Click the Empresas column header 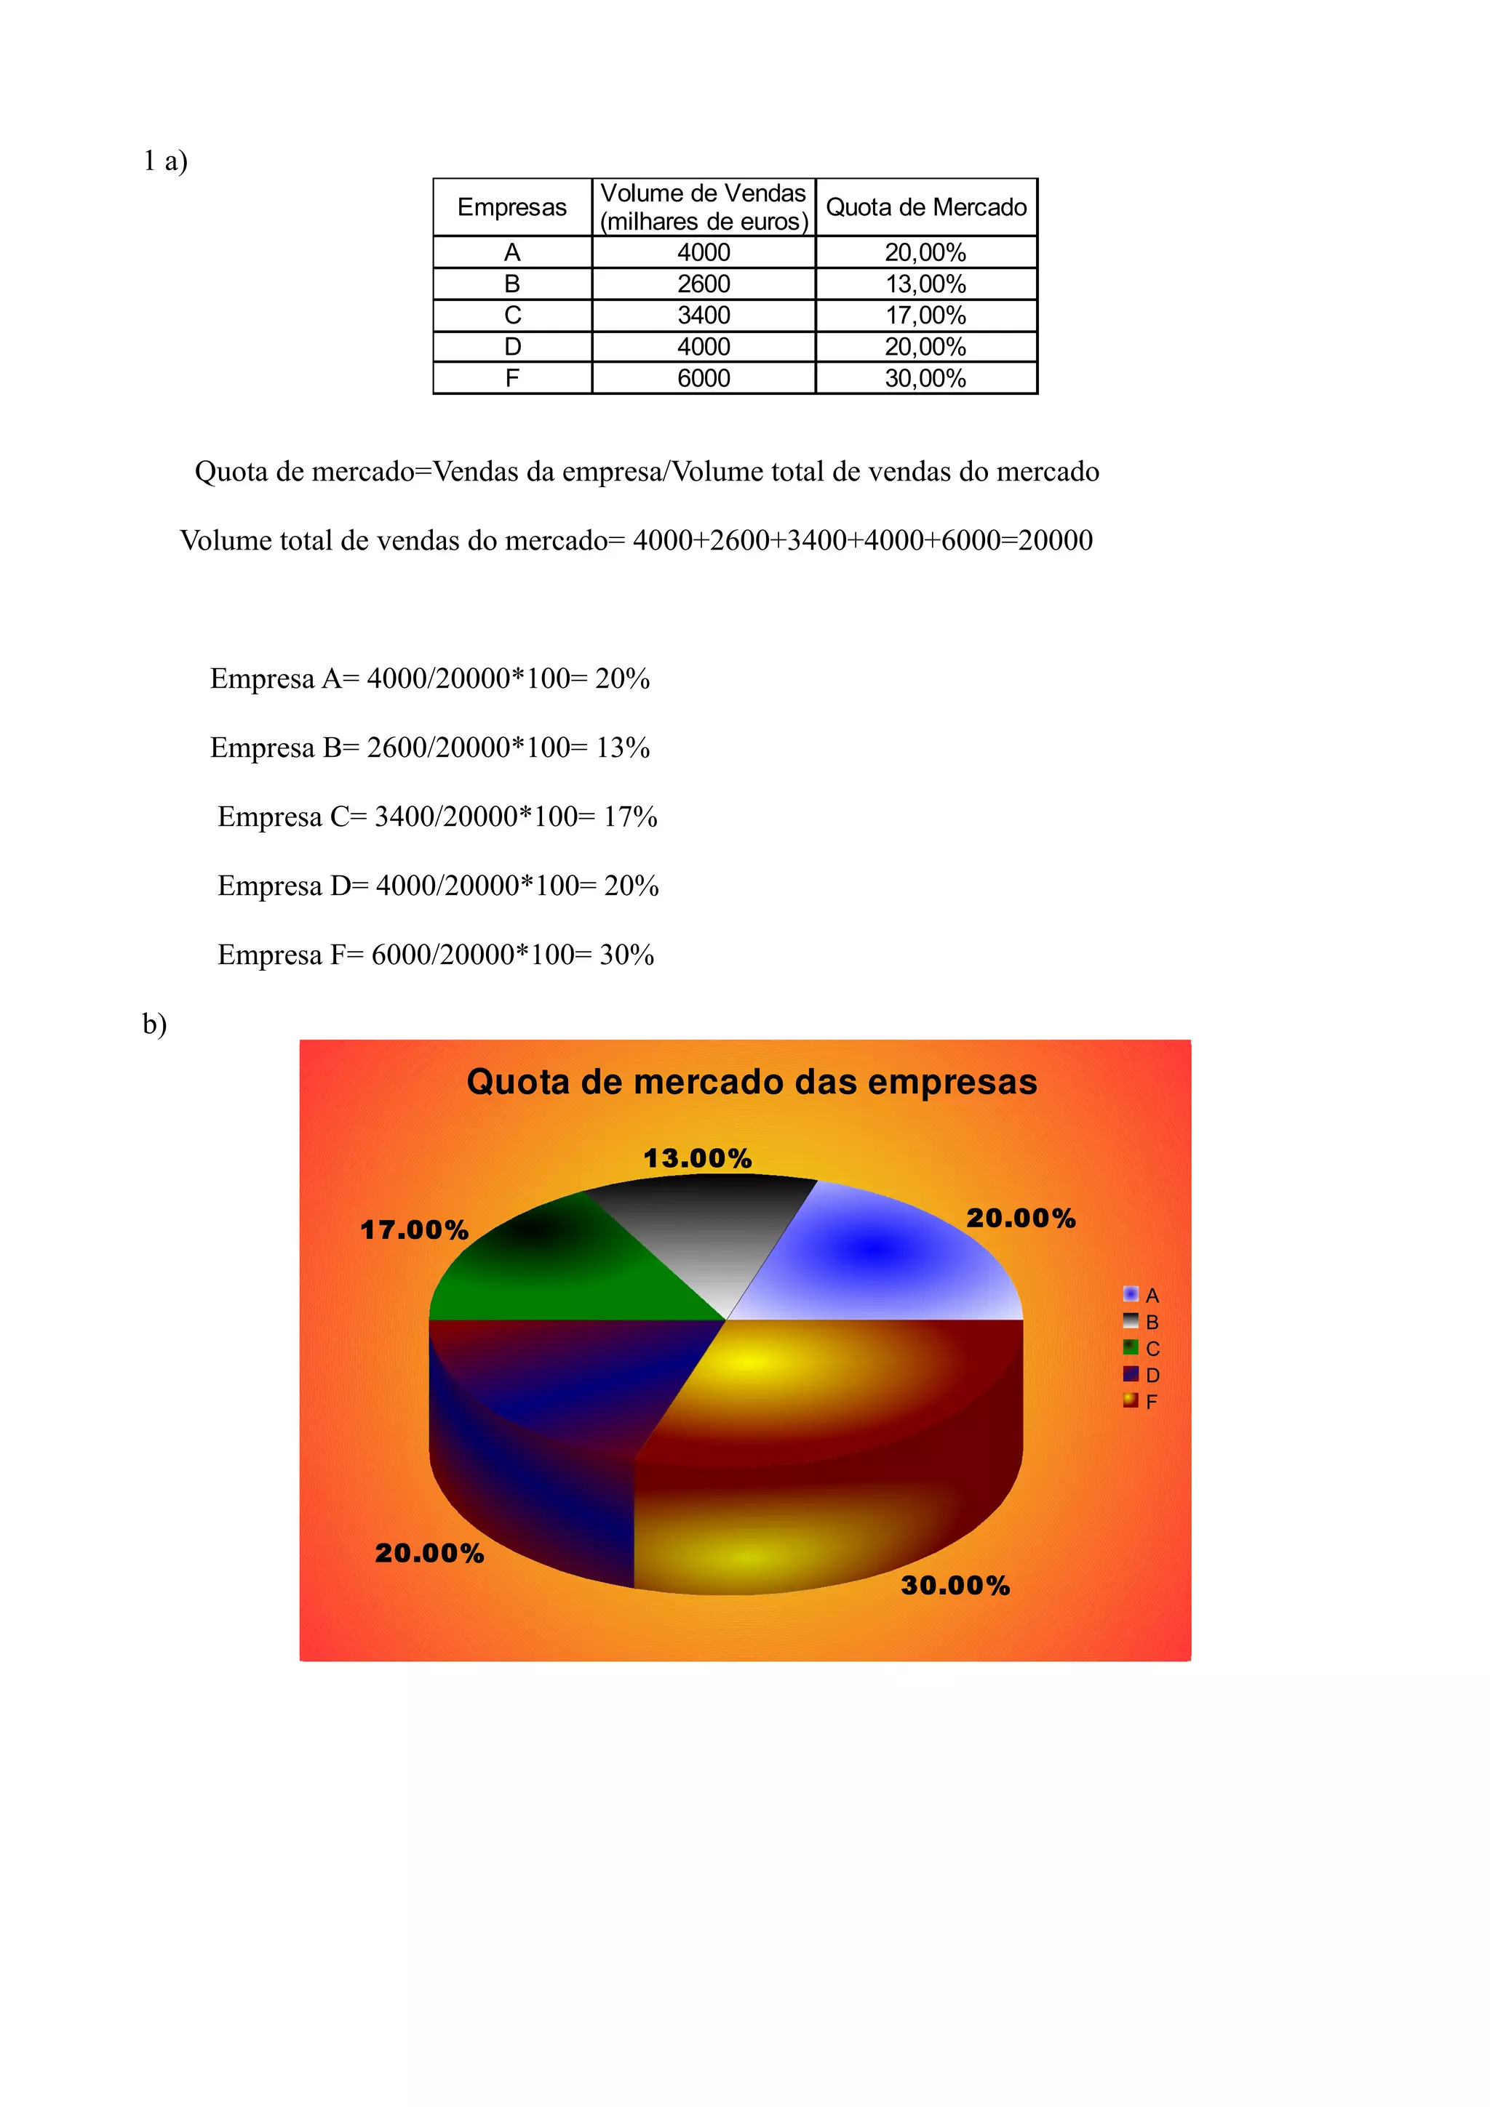pyautogui.click(x=511, y=207)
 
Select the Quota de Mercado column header pyautogui.click(x=925, y=207)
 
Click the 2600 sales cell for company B pyautogui.click(x=704, y=284)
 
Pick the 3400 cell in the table pyautogui.click(x=704, y=316)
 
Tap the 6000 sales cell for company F pyautogui.click(x=704, y=378)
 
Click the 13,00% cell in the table pyautogui.click(x=925, y=284)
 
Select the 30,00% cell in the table pyautogui.click(x=925, y=378)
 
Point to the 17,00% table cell pyautogui.click(x=925, y=316)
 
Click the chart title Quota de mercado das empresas pyautogui.click(x=751, y=1082)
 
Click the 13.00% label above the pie pyautogui.click(x=698, y=1158)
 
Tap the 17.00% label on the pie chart pyautogui.click(x=414, y=1229)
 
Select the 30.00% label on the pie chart pyautogui.click(x=955, y=1586)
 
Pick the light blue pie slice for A pyautogui.click(x=881, y=1257)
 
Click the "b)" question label pyautogui.click(x=154, y=1024)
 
